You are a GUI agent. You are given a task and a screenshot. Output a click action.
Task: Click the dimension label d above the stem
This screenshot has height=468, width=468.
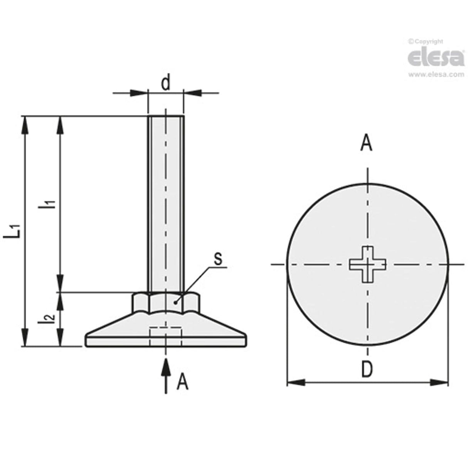pyautogui.click(x=165, y=84)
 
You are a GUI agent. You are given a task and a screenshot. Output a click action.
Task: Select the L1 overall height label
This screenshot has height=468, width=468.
pyautogui.click(x=15, y=231)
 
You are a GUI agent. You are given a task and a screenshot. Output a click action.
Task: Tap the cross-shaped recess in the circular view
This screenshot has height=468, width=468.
pyautogui.click(x=367, y=264)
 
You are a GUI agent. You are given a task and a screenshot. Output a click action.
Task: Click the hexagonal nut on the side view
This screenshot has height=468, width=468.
pyautogui.click(x=166, y=302)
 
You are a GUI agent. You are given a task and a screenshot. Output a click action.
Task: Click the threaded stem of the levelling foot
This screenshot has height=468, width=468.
pyautogui.click(x=166, y=200)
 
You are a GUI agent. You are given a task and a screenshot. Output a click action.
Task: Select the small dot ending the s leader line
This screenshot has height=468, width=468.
pyautogui.click(x=176, y=303)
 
